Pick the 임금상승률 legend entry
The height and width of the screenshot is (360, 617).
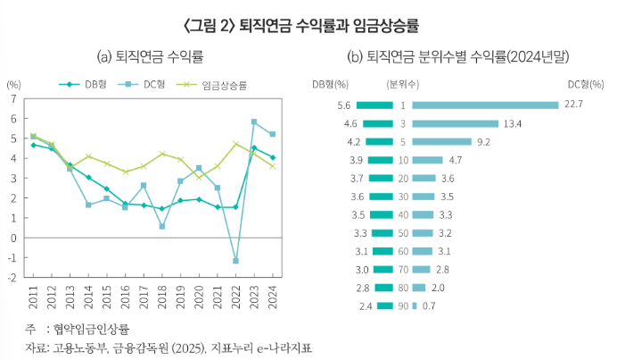tap(221, 84)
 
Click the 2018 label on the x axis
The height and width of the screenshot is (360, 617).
tap(162, 296)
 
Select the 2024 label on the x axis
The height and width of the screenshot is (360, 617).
tap(273, 296)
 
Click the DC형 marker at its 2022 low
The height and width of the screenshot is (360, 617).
tap(235, 261)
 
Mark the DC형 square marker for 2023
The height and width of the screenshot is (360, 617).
tap(254, 121)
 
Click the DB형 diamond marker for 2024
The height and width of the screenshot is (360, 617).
tap(273, 157)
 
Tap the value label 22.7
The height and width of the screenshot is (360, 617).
tap(573, 105)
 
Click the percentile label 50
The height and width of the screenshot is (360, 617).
tap(403, 232)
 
